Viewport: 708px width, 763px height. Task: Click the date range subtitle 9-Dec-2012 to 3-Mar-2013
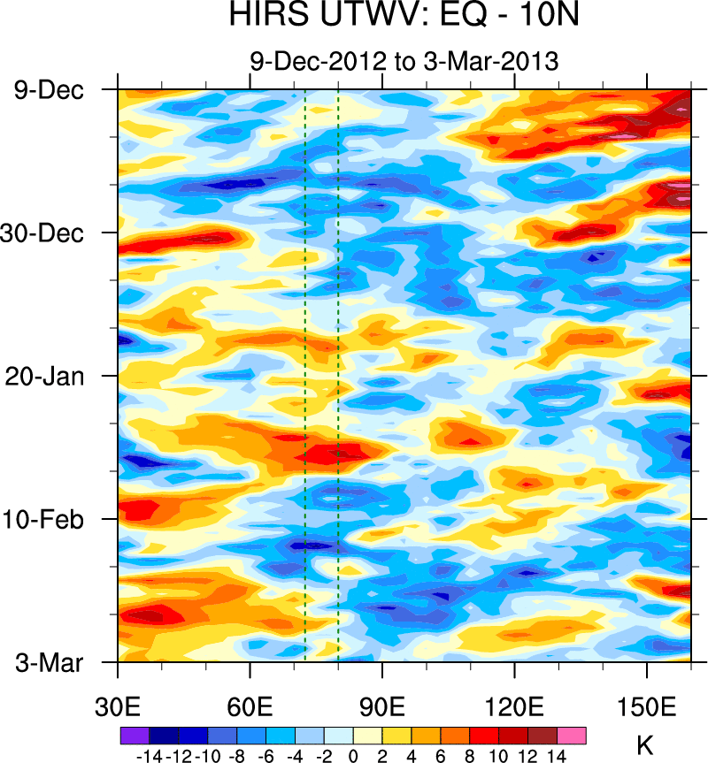click(x=404, y=62)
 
